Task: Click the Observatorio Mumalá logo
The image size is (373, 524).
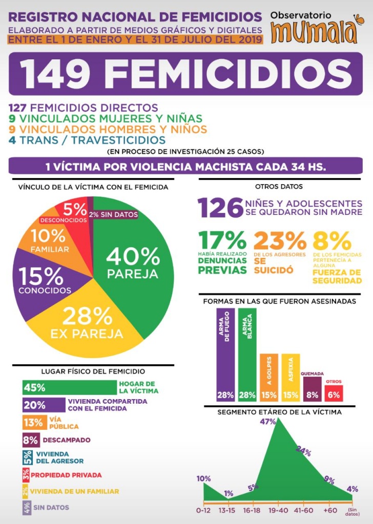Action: [x=314, y=28]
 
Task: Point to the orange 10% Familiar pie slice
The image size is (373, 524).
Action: [x=49, y=238]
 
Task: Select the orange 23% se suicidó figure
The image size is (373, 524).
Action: [x=280, y=241]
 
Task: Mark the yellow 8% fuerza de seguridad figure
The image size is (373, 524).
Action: [x=332, y=241]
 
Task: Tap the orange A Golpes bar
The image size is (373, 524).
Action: [x=269, y=377]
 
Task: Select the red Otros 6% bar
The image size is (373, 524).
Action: [x=334, y=393]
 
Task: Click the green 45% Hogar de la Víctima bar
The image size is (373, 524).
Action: [x=70, y=387]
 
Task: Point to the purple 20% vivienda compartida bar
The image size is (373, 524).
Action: [x=44, y=405]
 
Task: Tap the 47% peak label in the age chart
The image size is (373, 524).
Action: [x=268, y=422]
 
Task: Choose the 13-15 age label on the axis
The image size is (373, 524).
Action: [x=227, y=510]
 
